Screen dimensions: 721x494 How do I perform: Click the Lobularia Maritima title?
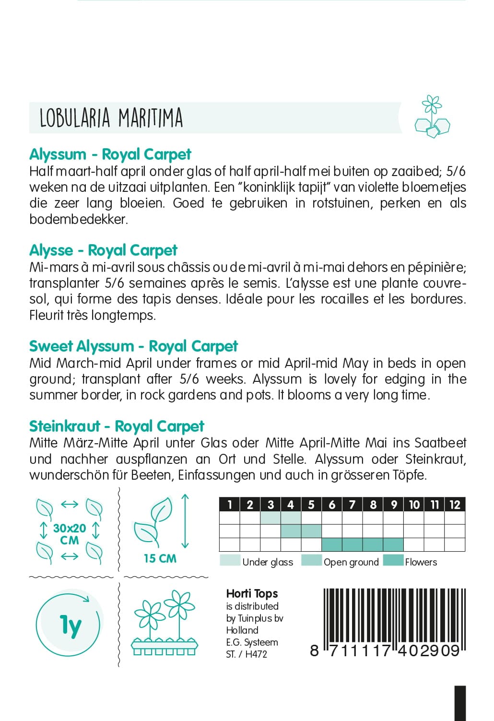point(111,118)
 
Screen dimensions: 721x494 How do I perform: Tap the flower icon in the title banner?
point(432,117)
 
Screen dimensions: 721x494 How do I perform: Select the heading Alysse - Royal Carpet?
point(103,250)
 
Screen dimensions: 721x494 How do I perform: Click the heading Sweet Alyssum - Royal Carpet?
point(133,346)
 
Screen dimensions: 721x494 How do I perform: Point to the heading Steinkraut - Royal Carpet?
point(117,426)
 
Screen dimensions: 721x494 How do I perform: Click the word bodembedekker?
point(78,220)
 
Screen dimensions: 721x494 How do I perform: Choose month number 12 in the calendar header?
point(455,505)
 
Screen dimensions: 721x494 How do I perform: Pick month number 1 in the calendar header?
point(230,505)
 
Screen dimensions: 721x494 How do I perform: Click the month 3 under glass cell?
point(271,518)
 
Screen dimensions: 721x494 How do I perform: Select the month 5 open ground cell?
point(311,531)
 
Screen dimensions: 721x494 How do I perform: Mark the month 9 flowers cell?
point(393,544)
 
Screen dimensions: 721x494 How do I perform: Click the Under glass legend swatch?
point(230,561)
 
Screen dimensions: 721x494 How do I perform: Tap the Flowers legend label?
point(421,562)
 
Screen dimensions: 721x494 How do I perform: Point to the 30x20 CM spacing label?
point(70,534)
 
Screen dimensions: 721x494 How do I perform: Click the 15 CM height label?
point(160,558)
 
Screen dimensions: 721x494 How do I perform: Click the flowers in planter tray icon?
point(165,624)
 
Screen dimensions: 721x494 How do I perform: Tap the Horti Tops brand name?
point(252,594)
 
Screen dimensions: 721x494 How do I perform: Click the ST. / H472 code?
point(247,654)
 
